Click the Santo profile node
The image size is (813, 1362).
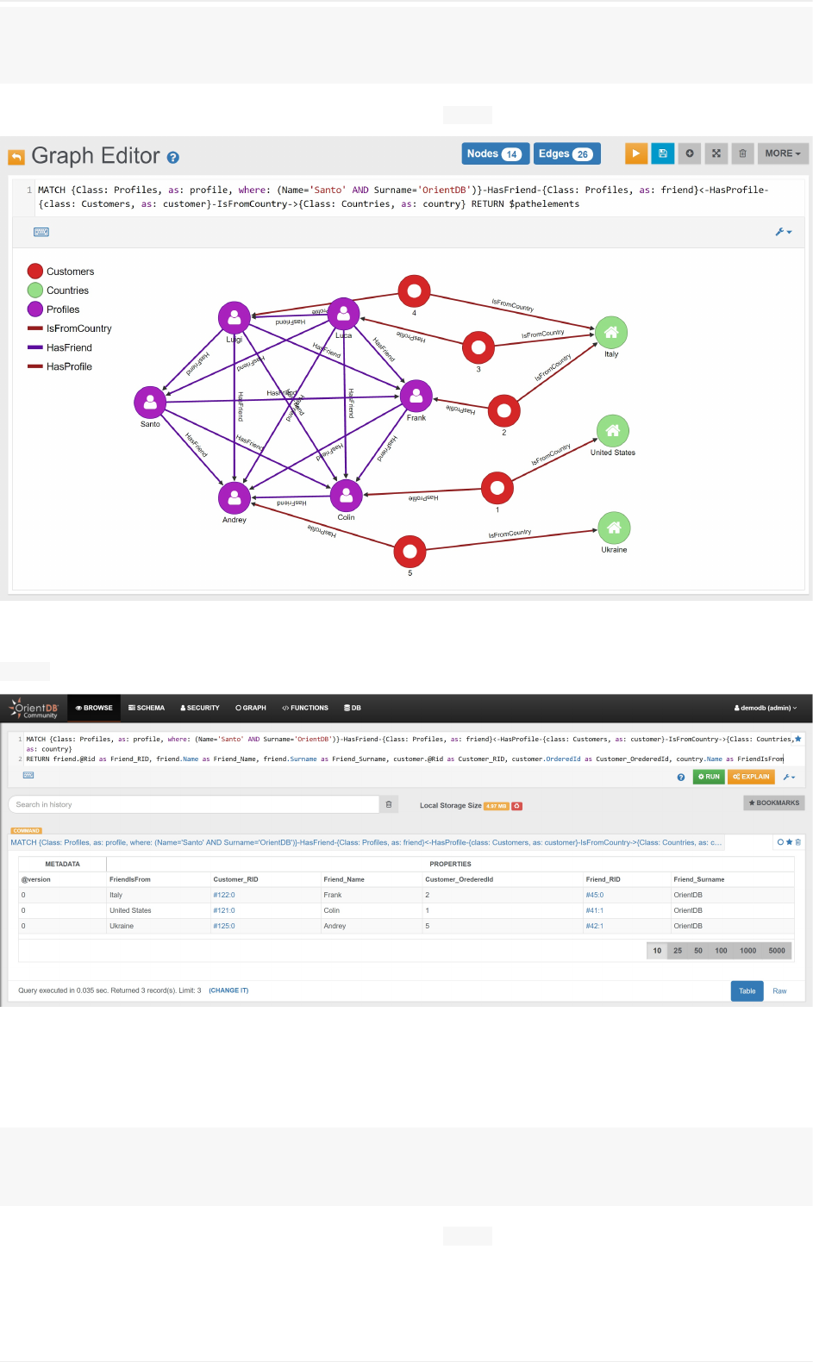coord(150,402)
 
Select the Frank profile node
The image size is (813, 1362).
coord(416,396)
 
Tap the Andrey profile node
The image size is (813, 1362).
coord(235,497)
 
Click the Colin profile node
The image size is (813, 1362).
coord(346,495)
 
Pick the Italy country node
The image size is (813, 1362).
coord(611,332)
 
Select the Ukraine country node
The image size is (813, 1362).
coord(614,528)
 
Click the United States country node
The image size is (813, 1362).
coord(612,430)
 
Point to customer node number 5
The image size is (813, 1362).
coord(410,551)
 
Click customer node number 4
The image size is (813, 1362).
coord(414,291)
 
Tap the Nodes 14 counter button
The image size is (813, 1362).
coord(495,153)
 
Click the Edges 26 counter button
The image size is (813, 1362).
coord(566,153)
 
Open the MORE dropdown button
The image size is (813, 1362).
coord(783,153)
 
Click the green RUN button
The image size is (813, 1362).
coord(709,777)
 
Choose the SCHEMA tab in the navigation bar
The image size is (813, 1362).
coord(147,708)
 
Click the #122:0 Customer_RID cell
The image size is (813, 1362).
coord(224,895)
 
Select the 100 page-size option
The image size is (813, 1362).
coord(721,951)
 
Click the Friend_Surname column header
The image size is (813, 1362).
coord(699,879)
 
